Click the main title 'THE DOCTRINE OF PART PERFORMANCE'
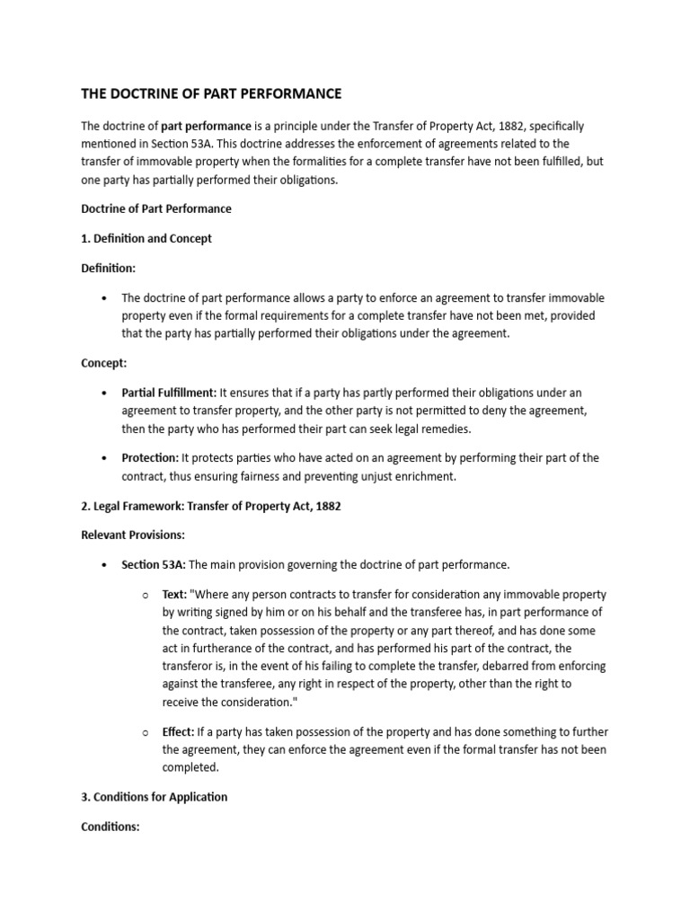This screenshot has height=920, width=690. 211,94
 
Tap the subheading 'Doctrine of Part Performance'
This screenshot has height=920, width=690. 156,208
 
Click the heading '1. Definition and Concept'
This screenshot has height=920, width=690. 146,239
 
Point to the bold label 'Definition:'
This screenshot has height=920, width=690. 108,269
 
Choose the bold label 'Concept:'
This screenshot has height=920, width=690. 104,363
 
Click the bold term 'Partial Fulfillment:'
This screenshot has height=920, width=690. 170,394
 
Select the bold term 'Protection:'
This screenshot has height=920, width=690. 150,458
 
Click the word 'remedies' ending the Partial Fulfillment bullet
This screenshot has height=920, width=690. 445,429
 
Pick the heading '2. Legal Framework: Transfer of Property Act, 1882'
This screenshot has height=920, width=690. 211,507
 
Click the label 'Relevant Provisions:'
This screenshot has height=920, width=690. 133,535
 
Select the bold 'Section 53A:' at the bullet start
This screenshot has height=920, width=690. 154,565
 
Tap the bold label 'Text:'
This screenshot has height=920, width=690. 174,595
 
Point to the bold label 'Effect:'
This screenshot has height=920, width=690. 178,732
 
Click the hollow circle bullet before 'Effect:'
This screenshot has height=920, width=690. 146,733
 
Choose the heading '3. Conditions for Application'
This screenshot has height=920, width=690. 155,797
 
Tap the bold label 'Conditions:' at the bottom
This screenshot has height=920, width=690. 111,827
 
